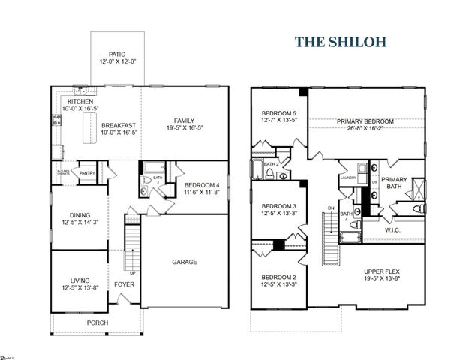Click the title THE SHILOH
(x=340, y=41)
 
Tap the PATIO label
(x=117, y=55)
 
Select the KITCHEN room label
(x=80, y=101)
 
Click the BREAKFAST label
(x=119, y=125)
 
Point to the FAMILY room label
(x=185, y=121)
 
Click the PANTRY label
(x=87, y=172)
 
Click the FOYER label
(x=123, y=285)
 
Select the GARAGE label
(x=185, y=262)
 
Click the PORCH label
(x=97, y=322)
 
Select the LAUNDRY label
(x=347, y=178)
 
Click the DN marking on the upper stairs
(x=331, y=208)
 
